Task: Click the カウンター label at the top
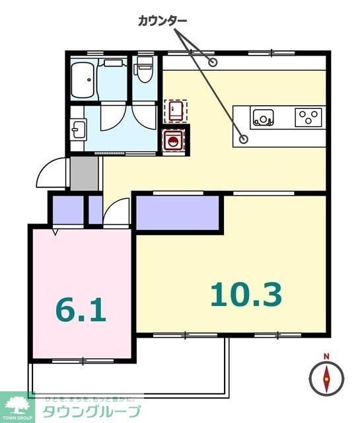(x=162, y=20)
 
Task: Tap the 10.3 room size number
(x=246, y=294)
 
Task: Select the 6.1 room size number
(x=81, y=309)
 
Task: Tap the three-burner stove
(x=307, y=117)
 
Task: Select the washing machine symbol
(x=173, y=140)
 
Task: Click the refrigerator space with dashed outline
(x=175, y=111)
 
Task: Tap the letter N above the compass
(x=326, y=357)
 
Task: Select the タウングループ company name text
(x=91, y=412)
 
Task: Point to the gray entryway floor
(x=83, y=173)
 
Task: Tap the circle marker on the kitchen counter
(x=243, y=139)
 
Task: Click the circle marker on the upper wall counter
(x=213, y=63)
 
